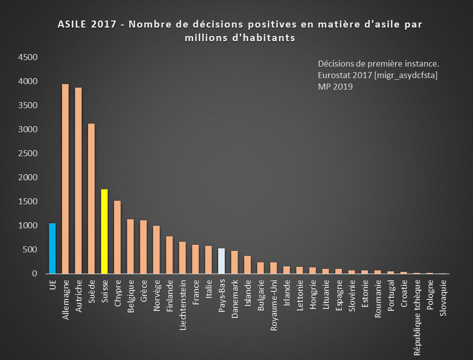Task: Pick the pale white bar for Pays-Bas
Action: click(x=221, y=261)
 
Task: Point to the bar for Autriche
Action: click(x=78, y=181)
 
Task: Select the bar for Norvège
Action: click(x=156, y=250)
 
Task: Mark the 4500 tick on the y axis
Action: click(x=28, y=58)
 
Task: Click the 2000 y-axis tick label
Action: click(x=28, y=178)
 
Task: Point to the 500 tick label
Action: click(x=31, y=250)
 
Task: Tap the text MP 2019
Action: click(x=335, y=87)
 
